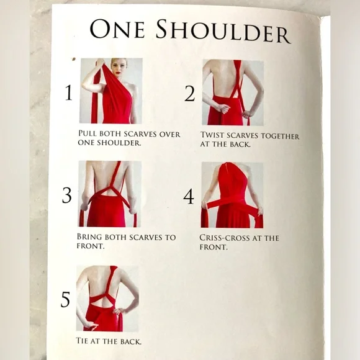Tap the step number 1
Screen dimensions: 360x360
point(68,93)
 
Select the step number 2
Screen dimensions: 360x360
point(189,94)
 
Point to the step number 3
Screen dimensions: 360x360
point(67,195)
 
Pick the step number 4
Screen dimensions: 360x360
point(189,196)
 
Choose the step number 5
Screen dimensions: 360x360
point(66,300)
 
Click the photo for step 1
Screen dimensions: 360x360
point(110,91)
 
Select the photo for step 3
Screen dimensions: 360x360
point(109,194)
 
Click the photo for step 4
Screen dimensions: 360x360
point(232,195)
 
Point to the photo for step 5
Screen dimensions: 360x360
point(106,298)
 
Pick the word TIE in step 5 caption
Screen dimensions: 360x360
point(83,341)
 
